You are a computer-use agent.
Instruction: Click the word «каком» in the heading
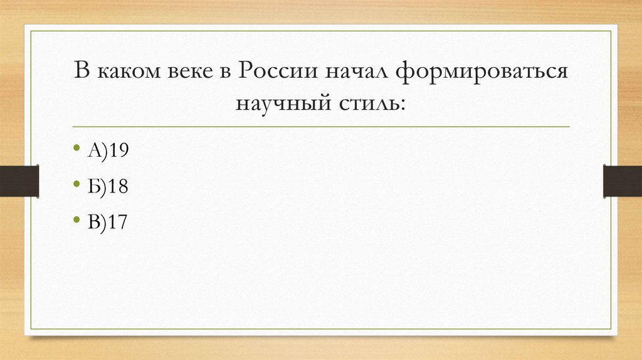click(124, 71)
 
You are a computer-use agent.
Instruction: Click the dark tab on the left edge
click(19, 181)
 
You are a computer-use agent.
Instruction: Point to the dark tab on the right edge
click(623, 181)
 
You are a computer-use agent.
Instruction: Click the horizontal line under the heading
click(321, 127)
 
